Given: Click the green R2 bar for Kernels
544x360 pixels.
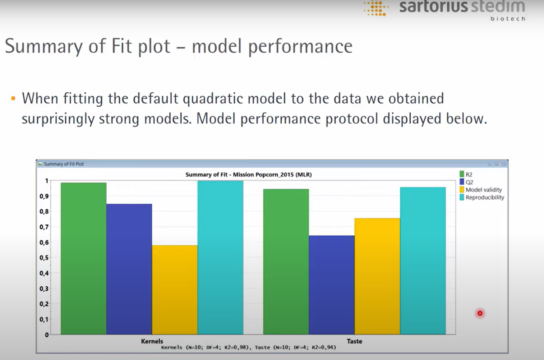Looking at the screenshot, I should point(83,258).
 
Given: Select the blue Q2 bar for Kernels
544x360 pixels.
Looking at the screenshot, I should point(129,269).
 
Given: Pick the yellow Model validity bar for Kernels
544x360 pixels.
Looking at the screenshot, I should point(175,290).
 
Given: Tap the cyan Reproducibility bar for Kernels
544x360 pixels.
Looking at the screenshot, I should point(220,257).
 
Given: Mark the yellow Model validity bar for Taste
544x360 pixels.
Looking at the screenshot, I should point(377,276).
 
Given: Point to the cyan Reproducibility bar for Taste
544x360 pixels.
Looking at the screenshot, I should point(423,260).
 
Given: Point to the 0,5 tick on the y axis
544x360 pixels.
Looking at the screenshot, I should point(44,258).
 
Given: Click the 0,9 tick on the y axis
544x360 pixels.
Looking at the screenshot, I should point(44,196).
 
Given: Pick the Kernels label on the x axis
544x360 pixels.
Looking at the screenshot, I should point(152,341).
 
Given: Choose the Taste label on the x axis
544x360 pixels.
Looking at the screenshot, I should point(354,341).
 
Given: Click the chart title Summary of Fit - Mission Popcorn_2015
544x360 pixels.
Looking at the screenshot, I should point(248,175).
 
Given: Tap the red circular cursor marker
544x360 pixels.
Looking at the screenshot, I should point(480,313).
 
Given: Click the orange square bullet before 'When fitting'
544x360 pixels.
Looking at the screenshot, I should point(13,98).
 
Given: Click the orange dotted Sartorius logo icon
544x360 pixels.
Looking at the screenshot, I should point(376,8).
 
